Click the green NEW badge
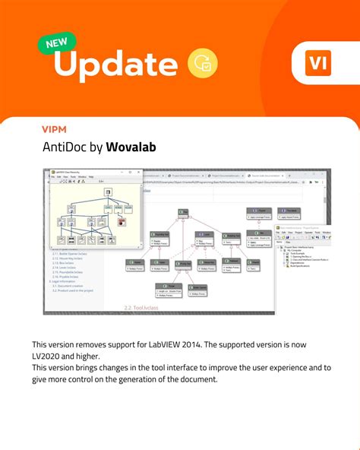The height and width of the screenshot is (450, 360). tap(56, 43)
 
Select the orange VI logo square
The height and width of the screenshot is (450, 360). tap(317, 63)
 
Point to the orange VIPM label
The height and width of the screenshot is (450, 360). tap(55, 128)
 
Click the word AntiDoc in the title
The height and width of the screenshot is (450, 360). tap(65, 147)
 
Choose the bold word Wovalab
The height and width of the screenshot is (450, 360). tap(131, 147)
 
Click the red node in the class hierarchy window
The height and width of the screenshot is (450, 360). tap(121, 221)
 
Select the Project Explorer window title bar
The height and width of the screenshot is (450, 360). tap(304, 227)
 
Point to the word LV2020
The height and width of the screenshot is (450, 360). tap(48, 356)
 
